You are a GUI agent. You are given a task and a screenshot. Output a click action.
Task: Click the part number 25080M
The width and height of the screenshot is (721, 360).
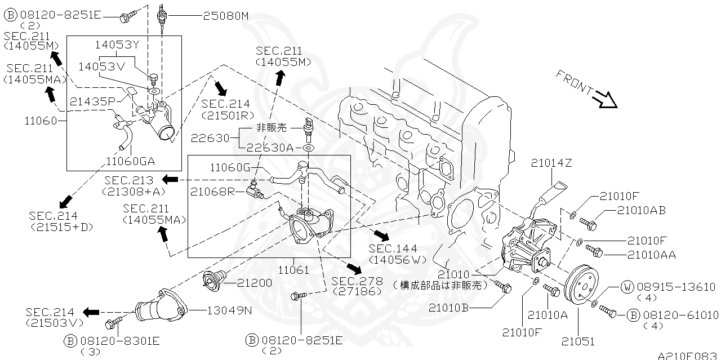tap(225, 16)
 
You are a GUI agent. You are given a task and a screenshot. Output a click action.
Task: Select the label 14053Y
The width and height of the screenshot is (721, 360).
tap(117, 43)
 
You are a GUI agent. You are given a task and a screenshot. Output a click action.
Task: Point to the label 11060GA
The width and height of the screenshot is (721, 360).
tap(131, 162)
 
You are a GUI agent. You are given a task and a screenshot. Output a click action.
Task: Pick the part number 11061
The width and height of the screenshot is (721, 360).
tap(295, 270)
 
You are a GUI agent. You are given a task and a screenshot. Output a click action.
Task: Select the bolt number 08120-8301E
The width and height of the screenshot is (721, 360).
tap(119, 340)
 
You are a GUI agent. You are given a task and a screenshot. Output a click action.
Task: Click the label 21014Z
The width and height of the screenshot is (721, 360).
tap(551, 163)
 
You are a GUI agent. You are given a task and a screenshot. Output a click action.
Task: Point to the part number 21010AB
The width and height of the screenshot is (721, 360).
tap(641, 211)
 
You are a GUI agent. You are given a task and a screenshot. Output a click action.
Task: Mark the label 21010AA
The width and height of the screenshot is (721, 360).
tap(651, 255)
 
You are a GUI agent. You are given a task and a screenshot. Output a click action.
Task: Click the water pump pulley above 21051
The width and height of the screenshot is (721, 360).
tap(580, 285)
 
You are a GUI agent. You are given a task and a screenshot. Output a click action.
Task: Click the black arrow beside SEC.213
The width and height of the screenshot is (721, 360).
tap(170, 179)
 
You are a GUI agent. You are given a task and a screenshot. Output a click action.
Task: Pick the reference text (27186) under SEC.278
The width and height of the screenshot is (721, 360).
tap(357, 291)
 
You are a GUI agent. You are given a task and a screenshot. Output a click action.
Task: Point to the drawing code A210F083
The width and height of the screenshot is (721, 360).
tap(688, 355)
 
